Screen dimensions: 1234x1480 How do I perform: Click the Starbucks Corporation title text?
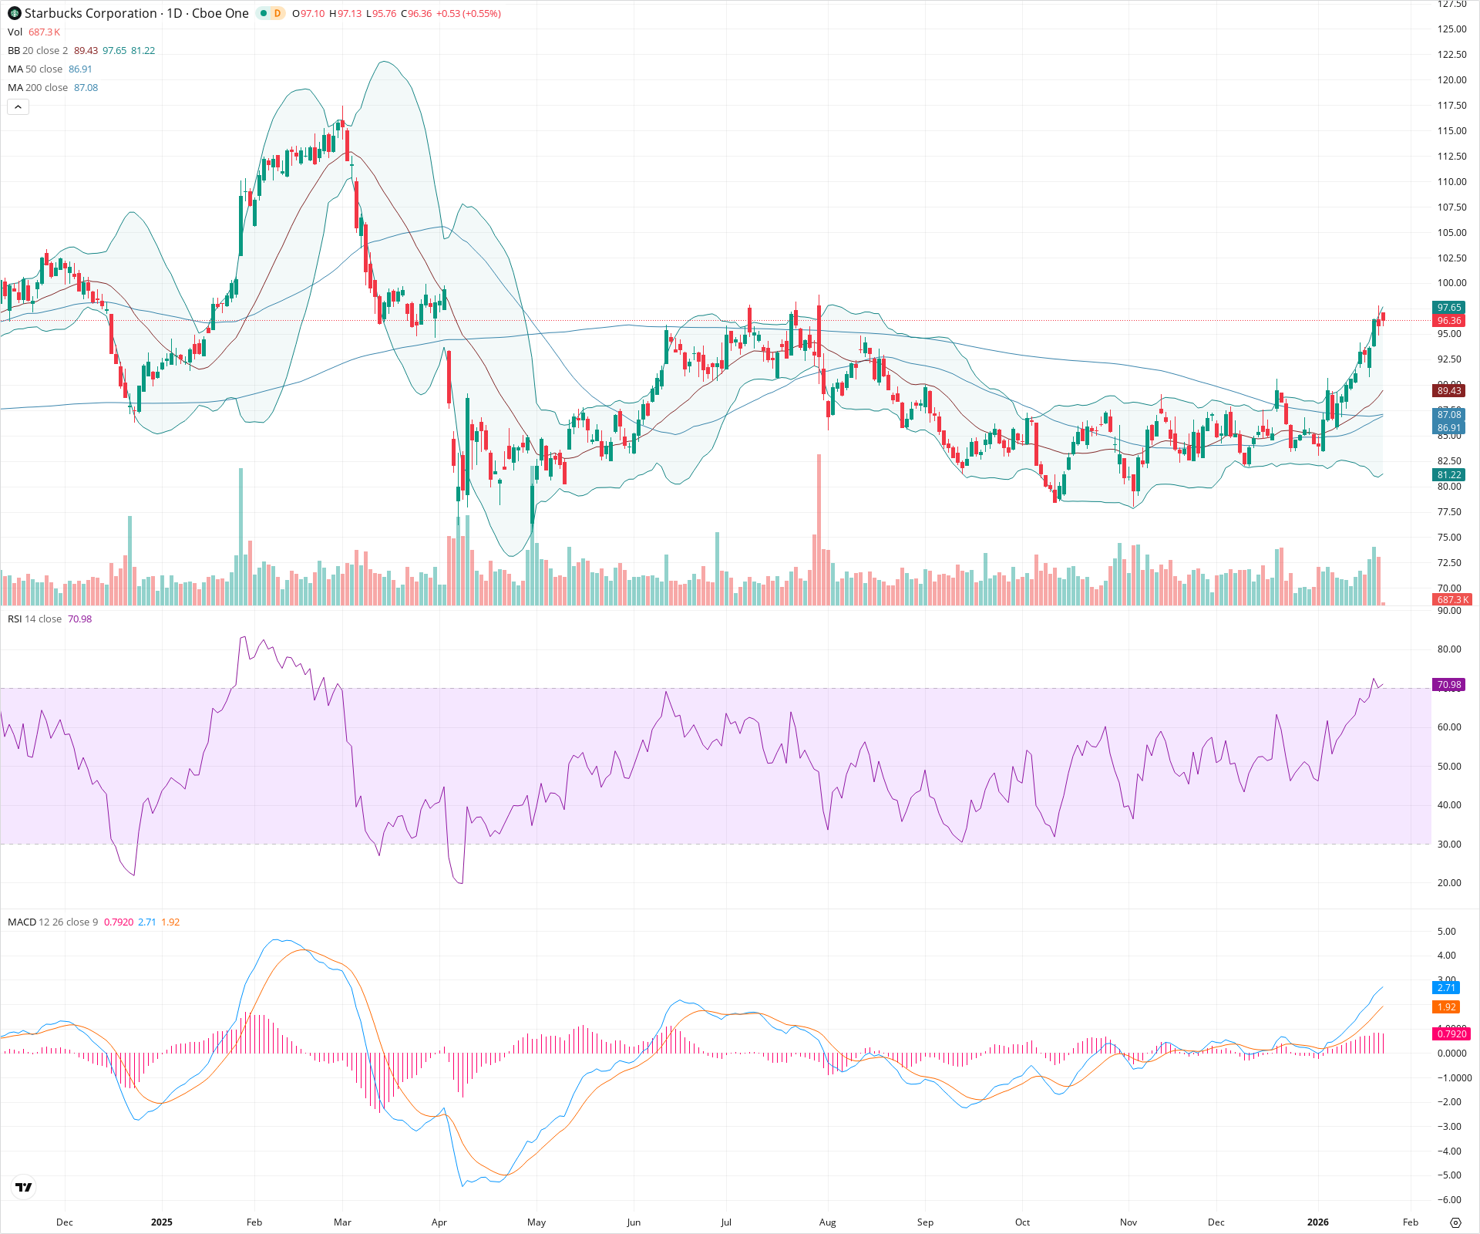pos(91,13)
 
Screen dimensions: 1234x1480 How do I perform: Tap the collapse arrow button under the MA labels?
pos(18,107)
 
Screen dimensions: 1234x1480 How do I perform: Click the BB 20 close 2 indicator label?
pos(38,51)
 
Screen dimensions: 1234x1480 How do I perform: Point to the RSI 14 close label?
pos(35,619)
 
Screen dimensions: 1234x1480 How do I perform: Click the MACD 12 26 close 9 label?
pos(52,922)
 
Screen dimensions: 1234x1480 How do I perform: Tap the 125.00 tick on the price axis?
pos(1451,29)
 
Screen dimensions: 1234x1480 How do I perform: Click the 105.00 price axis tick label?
pos(1451,233)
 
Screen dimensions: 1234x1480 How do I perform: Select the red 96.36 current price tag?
pos(1448,321)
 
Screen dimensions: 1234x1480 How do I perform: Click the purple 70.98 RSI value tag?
pos(1448,685)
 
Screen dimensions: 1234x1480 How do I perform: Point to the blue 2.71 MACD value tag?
pos(1446,988)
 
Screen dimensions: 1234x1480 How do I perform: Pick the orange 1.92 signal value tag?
pos(1446,1007)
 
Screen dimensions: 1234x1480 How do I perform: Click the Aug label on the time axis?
pos(827,1222)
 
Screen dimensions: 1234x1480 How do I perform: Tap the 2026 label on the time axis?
pos(1318,1222)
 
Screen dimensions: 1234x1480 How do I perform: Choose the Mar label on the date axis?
pos(342,1222)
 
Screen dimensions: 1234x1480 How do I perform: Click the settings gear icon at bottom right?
pos(1455,1222)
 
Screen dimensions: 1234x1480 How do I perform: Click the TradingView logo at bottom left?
pos(24,1188)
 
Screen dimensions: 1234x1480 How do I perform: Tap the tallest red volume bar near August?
pos(819,532)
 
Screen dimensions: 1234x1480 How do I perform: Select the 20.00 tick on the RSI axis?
pos(1449,883)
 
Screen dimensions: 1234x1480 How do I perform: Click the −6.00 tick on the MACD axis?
pos(1449,1200)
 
